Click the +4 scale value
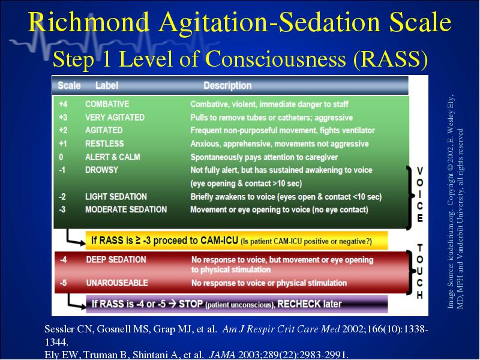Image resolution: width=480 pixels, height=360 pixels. point(63,104)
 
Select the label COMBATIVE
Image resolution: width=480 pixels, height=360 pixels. point(107,104)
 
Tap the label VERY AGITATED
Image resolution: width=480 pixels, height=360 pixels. point(115,118)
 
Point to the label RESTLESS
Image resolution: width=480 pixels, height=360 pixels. point(104,143)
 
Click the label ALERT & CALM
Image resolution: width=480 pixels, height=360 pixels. point(112,157)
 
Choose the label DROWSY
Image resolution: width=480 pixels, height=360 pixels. point(101,170)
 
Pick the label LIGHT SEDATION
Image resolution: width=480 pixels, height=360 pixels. point(116,197)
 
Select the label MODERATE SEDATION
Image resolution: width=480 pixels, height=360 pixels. point(126,209)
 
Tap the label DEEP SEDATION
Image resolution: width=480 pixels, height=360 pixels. point(116,260)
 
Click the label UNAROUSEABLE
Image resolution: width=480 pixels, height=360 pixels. point(117,283)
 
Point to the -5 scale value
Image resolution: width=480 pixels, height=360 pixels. point(63,283)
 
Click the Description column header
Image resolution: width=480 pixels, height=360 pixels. point(227,85)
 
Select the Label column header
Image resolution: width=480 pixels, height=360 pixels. point(107,85)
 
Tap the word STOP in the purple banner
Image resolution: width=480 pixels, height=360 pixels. point(191,304)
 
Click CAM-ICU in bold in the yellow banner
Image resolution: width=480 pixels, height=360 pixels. point(219,241)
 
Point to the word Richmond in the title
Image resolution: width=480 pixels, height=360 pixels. point(89,22)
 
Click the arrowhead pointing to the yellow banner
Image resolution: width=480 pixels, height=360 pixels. point(82,243)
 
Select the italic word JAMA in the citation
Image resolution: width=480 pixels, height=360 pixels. point(222,355)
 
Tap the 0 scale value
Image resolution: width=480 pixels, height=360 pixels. point(61,157)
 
